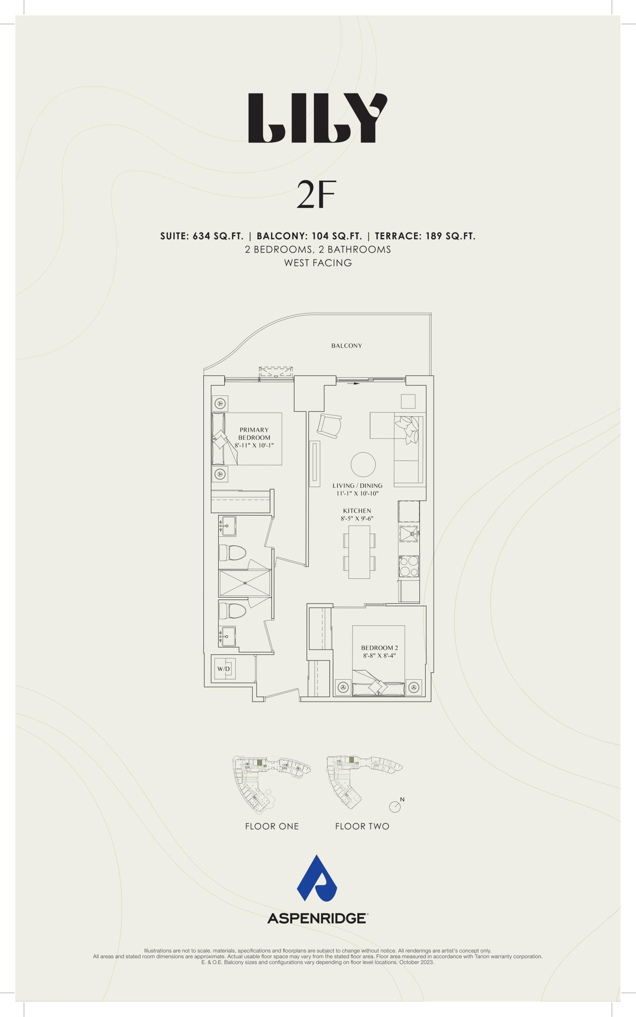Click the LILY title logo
pos(318,118)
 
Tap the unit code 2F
pos(316,195)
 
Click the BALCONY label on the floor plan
pos(347,346)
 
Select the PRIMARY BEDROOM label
pos(254,433)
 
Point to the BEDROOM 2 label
pos(380,648)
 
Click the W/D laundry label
pos(224,669)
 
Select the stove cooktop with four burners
pos(409,566)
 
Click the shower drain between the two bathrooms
pos(245,583)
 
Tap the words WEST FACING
pos(318,263)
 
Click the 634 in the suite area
pos(201,236)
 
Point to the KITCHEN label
pos(357,511)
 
